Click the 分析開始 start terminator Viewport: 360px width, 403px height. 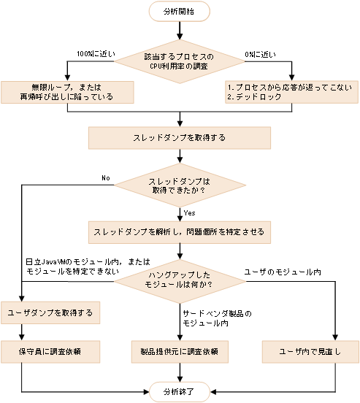pyautogui.click(x=179, y=11)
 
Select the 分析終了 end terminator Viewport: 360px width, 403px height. pyautogui.click(x=179, y=391)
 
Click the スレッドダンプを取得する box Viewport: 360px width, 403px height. pyautogui.click(x=179, y=137)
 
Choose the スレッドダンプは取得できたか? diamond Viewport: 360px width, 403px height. pyautogui.click(x=179, y=185)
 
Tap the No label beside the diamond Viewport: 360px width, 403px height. pyautogui.click(x=106, y=177)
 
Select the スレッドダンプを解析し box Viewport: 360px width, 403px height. pyautogui.click(x=179, y=231)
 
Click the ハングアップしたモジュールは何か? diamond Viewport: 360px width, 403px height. pyautogui.click(x=179, y=279)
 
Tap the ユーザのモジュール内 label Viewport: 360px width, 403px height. pyautogui.click(x=282, y=272)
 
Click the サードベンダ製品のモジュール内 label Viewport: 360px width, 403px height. pyautogui.click(x=216, y=318)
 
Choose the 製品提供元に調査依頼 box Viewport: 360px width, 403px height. pyautogui.click(x=179, y=351)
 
